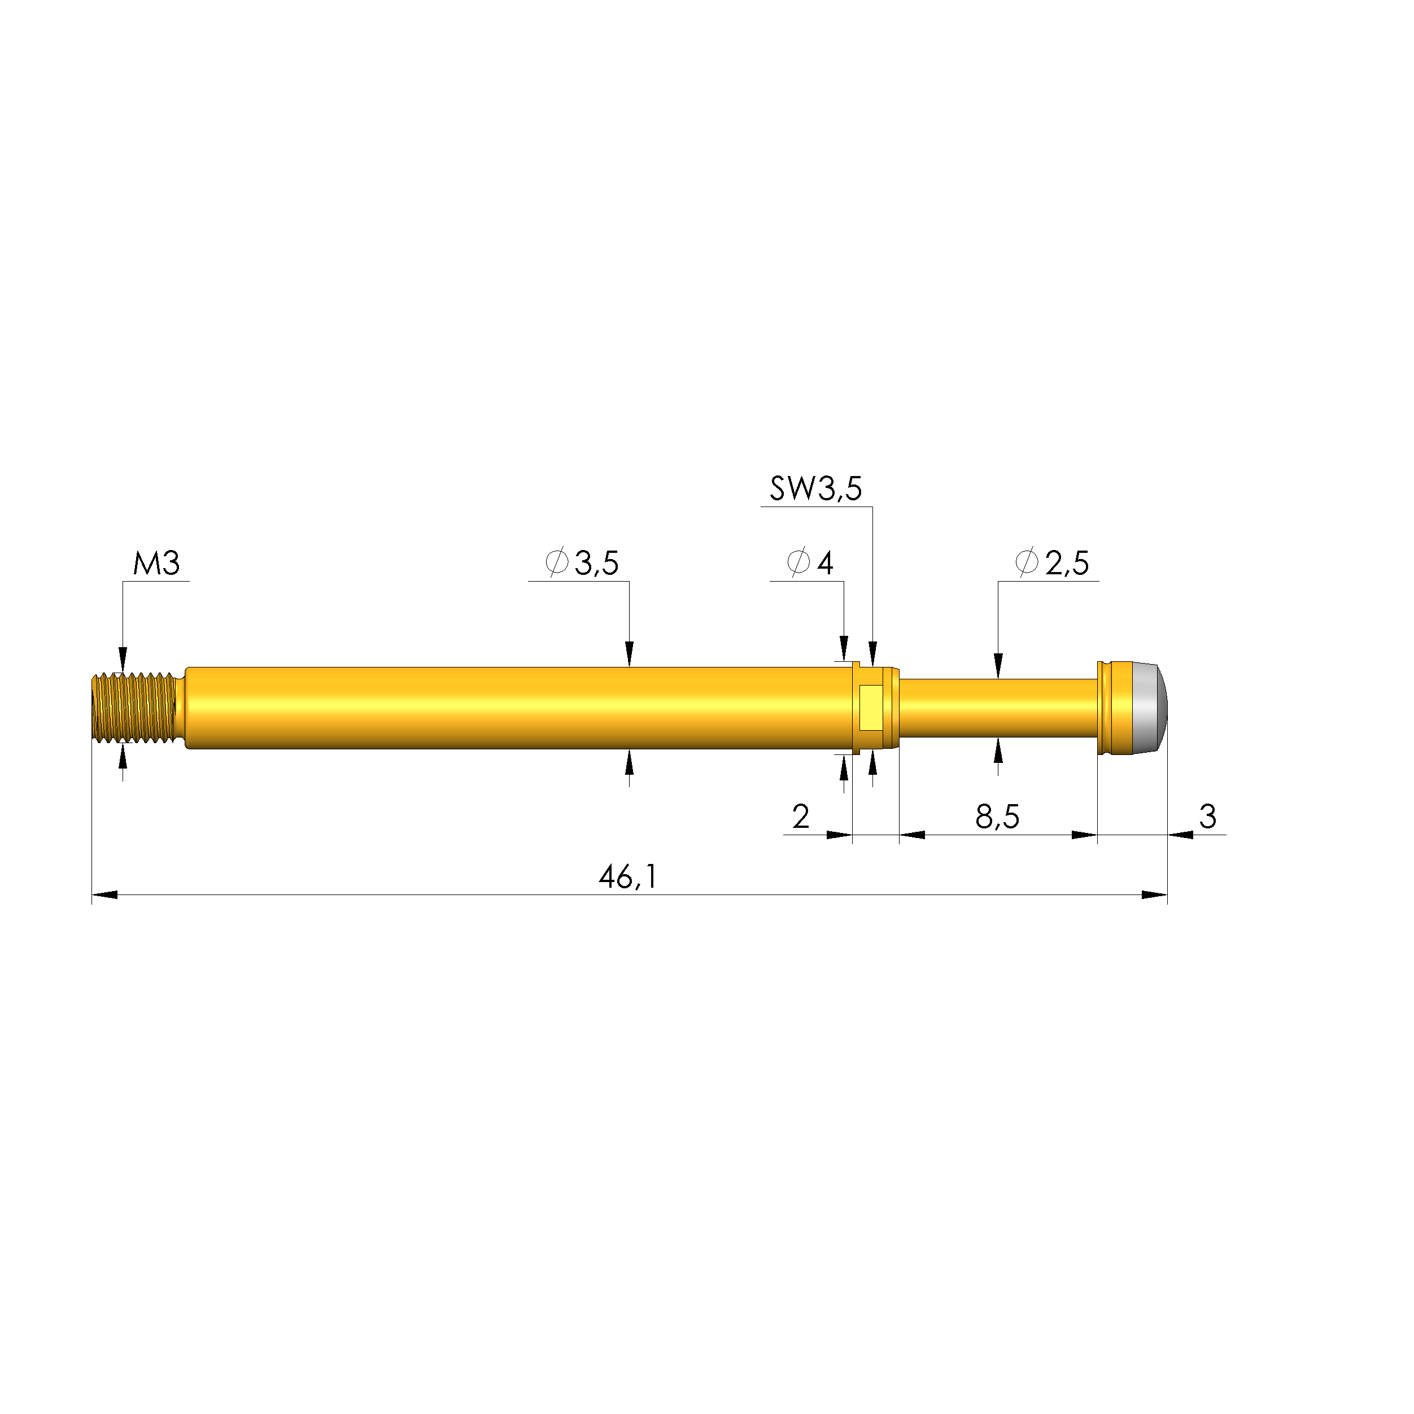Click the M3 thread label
point(156,564)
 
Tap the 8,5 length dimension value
point(997,817)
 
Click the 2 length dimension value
point(801,817)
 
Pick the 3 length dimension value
point(1207,816)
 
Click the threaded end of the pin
point(134,708)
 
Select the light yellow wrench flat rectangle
point(871,708)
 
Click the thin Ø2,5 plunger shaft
point(997,708)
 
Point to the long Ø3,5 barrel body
point(512,708)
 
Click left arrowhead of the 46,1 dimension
point(104,894)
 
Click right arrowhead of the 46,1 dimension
point(1154,894)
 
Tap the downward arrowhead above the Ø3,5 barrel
point(629,654)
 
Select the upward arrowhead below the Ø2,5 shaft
point(998,749)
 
